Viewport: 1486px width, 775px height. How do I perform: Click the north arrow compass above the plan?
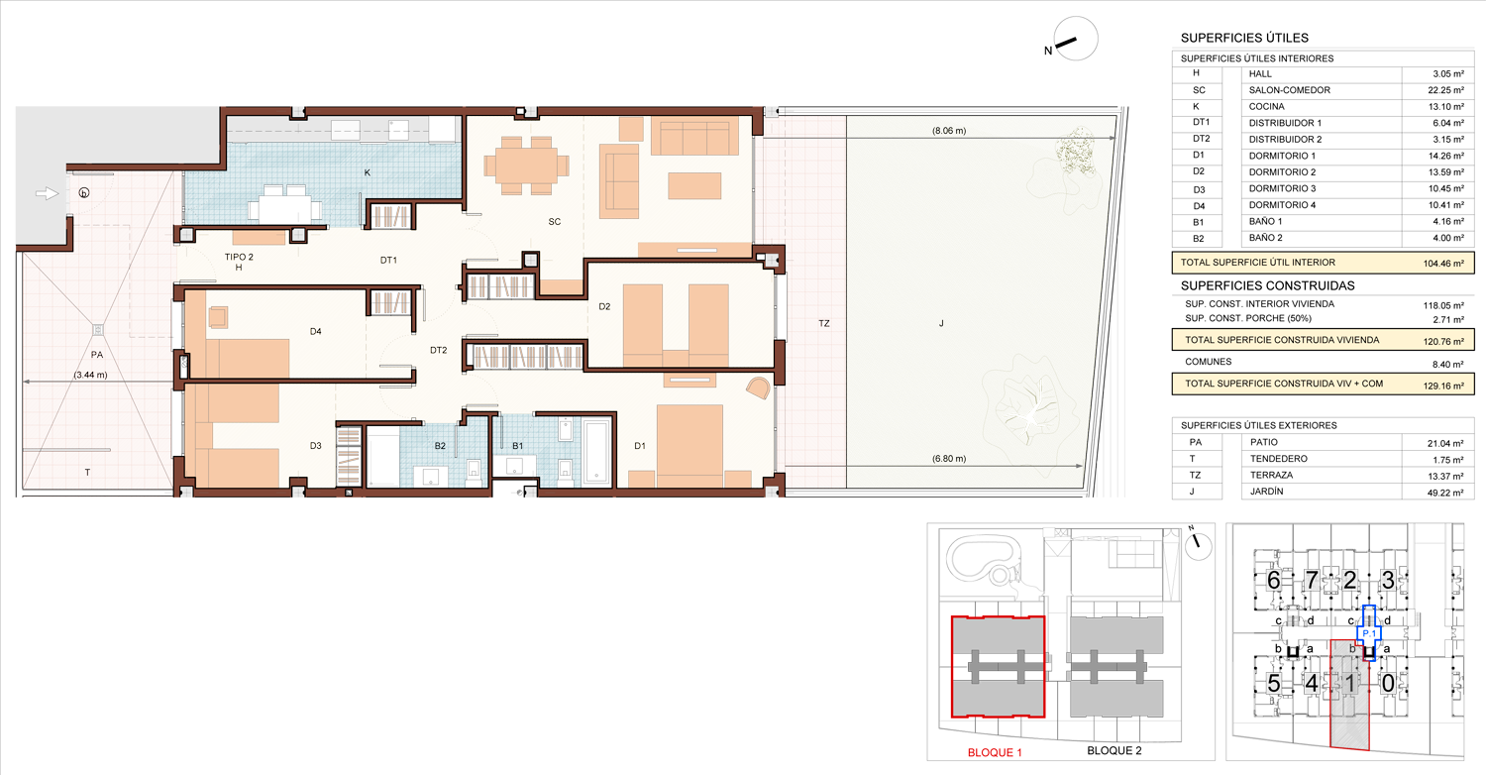coord(1075,39)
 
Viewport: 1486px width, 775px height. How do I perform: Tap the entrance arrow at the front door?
coord(48,193)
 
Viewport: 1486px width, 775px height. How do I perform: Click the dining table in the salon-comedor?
coord(526,166)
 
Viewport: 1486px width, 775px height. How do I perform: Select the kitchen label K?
coord(368,172)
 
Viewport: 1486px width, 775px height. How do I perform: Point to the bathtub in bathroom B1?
coord(597,450)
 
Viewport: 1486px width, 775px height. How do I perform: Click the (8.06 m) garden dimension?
coord(949,131)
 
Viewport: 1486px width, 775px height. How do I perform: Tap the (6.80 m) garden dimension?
coord(949,459)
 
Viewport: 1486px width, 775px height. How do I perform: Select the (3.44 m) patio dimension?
coord(91,375)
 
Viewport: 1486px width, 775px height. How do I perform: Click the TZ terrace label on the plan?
coord(824,324)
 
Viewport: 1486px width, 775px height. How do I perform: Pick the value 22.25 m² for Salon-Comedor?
coord(1446,90)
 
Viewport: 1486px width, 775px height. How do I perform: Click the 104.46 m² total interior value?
coord(1443,264)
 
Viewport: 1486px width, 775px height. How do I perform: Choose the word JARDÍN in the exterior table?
coord(1266,492)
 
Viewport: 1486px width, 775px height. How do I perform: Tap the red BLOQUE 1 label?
coord(995,752)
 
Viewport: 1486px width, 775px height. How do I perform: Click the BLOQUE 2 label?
coord(1114,750)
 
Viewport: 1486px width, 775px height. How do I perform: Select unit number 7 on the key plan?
coord(1312,580)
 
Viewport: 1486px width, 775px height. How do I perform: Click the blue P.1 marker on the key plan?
coord(1369,633)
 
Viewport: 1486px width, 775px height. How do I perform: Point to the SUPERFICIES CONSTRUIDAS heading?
coord(1268,286)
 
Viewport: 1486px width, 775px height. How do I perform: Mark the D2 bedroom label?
coord(604,306)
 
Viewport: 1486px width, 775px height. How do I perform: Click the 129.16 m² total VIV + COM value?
coord(1443,386)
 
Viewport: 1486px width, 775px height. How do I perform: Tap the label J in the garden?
coord(941,324)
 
